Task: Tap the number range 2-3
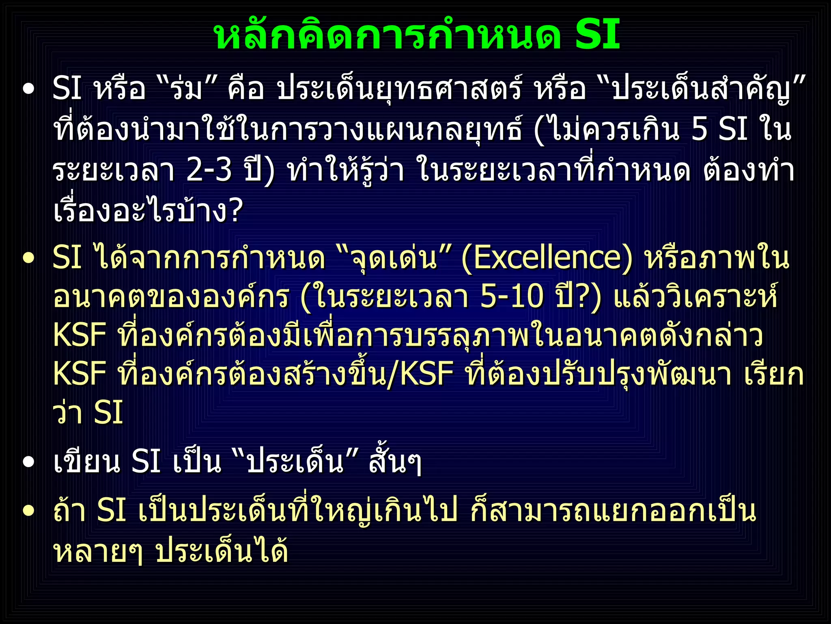click(x=209, y=170)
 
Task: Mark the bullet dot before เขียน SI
click(x=28, y=462)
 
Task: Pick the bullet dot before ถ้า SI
click(x=28, y=511)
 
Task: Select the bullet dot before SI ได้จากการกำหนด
click(x=28, y=258)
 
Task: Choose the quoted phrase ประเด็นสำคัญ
click(x=702, y=89)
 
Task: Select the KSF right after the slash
click(x=426, y=374)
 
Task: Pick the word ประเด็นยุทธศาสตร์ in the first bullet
click(x=399, y=89)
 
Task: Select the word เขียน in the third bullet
click(x=87, y=462)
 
